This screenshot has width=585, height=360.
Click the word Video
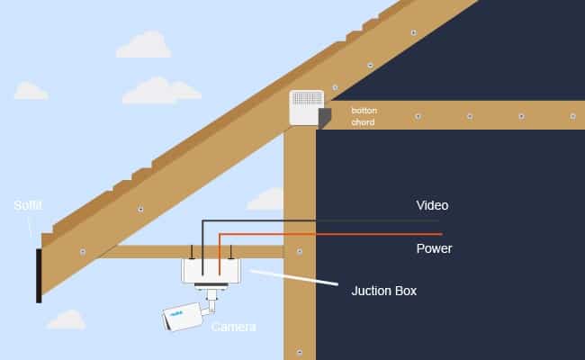431,206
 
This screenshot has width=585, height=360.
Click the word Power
434,248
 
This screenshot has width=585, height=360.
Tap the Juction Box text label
384,292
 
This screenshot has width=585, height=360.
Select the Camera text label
233,327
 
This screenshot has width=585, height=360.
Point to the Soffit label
27,205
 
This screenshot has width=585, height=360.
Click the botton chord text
364,116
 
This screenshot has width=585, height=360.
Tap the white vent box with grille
305,108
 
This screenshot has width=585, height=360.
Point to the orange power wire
360,234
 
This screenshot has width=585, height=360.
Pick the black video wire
360,220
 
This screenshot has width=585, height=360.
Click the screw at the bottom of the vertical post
300,351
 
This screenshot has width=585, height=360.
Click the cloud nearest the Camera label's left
65,319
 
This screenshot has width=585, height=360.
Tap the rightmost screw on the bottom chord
572,115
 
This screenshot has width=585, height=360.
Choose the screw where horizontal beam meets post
300,251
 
